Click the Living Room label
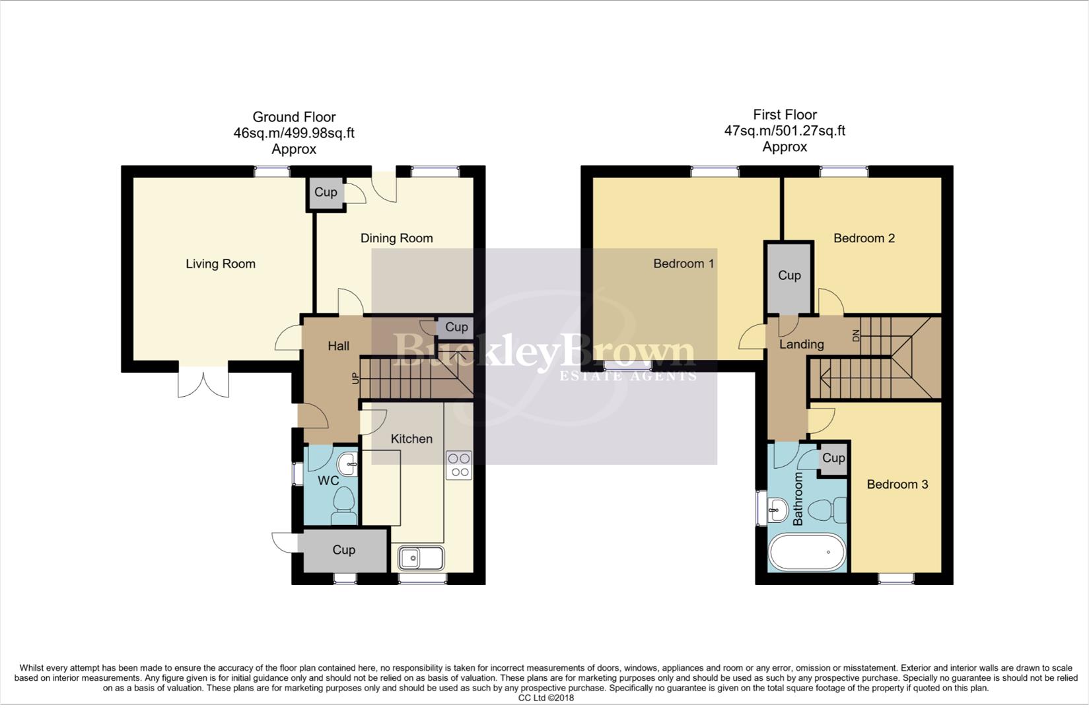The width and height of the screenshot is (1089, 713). point(220,264)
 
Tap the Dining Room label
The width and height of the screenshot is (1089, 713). point(396,238)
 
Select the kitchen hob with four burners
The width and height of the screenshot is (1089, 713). point(459,465)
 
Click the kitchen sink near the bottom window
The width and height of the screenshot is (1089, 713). point(421,558)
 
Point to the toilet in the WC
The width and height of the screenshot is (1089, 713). point(344,504)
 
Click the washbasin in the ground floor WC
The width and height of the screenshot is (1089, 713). point(347,464)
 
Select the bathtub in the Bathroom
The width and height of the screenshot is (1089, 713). point(807,553)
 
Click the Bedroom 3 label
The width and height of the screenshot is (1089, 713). point(897,485)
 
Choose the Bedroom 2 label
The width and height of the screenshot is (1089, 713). point(864,238)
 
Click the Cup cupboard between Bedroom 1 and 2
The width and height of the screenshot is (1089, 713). point(789,276)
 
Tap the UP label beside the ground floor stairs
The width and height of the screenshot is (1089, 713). point(355,379)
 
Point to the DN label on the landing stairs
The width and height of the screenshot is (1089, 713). point(857,335)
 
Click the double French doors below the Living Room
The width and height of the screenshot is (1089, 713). point(203,382)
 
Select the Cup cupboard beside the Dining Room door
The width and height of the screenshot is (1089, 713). point(326,193)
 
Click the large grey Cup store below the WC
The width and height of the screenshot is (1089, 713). point(343,550)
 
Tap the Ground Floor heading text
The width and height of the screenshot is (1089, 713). point(294,118)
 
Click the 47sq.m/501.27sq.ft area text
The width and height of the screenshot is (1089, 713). point(785,131)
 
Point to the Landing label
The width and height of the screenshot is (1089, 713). point(801,345)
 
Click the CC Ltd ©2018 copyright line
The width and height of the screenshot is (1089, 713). point(545,698)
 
